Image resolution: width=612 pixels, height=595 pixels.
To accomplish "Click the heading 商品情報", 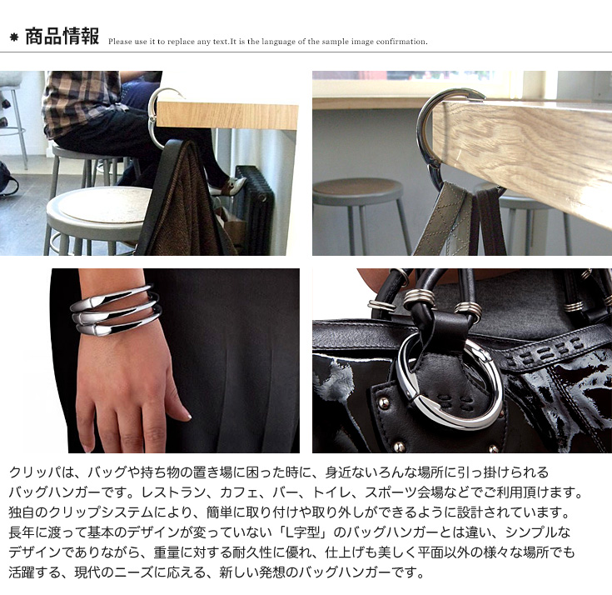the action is pos(62,37).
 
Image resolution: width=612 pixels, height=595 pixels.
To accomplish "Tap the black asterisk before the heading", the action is pos(14,37).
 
